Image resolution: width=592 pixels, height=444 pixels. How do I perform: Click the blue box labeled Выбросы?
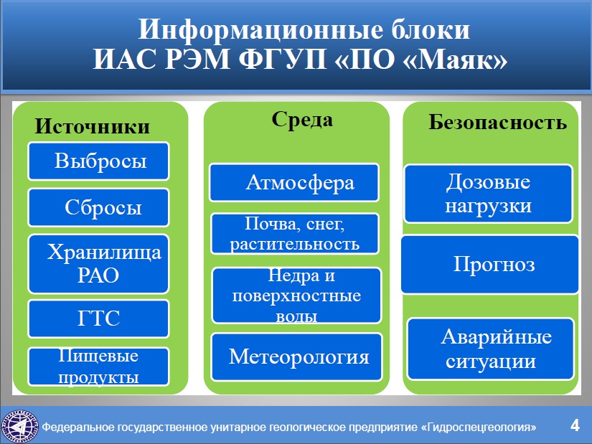pos(98,161)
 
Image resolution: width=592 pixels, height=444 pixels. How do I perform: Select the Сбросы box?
pos(98,207)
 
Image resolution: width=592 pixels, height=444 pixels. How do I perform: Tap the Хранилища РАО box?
pos(98,263)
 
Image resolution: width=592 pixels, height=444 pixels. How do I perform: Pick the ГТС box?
pos(98,318)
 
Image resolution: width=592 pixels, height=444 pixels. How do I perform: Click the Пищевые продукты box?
pos(98,367)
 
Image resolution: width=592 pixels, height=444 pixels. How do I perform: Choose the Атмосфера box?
pos(294,182)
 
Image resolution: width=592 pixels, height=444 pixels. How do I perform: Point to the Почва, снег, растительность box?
pos(295,233)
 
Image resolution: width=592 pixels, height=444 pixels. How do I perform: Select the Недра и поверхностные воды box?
pos(297,296)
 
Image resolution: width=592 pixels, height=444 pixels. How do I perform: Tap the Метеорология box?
pos(297,356)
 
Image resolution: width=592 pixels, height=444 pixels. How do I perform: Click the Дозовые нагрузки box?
pos(489,194)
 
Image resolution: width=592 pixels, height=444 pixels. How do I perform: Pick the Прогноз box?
pos(489,264)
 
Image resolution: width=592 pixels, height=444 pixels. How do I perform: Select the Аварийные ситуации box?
pos(491,349)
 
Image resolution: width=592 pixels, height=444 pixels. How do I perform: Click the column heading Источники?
pos(92,126)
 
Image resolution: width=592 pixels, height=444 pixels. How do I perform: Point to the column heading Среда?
pos(302,119)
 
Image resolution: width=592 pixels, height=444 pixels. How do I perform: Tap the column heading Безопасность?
pos(497,122)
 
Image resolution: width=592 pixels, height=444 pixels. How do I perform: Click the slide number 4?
pos(575,425)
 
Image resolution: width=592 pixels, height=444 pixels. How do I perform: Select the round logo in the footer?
pos(19,427)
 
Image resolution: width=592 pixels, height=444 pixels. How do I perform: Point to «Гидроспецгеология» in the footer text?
pos(479,427)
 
